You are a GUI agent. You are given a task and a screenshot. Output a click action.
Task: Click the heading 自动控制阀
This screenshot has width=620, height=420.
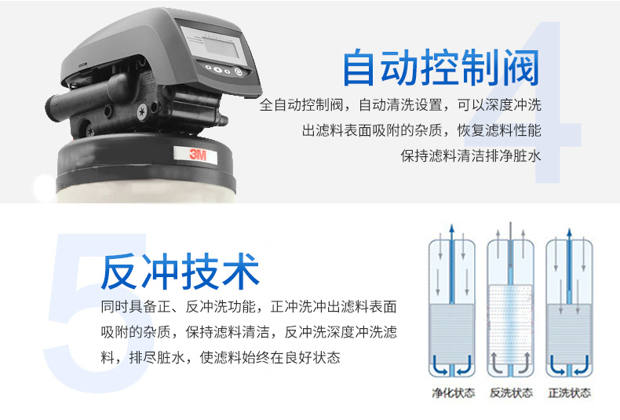click(x=441, y=68)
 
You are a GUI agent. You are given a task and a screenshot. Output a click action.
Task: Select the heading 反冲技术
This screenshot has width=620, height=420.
click(x=180, y=272)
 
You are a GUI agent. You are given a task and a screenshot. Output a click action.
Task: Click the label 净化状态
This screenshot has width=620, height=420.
click(x=453, y=393)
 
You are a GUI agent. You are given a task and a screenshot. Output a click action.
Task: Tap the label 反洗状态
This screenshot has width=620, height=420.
click(x=511, y=393)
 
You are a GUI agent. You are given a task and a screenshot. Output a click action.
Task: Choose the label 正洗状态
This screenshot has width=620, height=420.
click(x=570, y=393)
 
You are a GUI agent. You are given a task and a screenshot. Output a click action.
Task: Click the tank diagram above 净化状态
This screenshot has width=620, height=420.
click(x=452, y=305)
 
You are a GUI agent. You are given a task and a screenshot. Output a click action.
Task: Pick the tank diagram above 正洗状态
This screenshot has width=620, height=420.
click(x=569, y=305)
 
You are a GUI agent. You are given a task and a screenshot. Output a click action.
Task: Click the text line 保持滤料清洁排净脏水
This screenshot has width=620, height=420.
click(x=471, y=155)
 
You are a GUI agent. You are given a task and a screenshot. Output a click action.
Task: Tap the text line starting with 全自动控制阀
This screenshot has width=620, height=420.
click(x=400, y=104)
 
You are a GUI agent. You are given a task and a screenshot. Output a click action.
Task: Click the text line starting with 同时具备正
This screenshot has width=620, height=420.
click(x=249, y=306)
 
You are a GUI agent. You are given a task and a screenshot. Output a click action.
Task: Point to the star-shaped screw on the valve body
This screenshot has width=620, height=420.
click(x=141, y=111)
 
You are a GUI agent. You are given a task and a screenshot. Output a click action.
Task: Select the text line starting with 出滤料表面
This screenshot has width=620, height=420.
click(x=421, y=130)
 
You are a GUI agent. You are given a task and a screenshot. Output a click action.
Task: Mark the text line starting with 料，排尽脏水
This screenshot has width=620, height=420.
click(x=221, y=357)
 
